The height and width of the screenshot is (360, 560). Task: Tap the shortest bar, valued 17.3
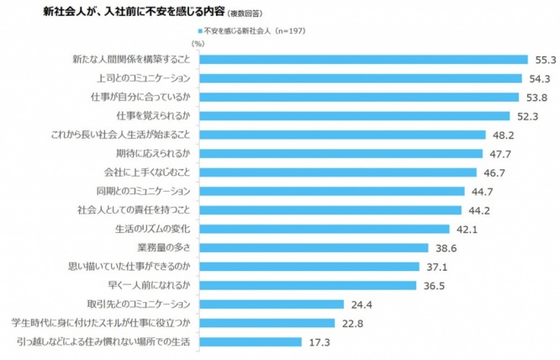pyautogui.click(x=251, y=342)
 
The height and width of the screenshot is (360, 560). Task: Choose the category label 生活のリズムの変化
pyautogui.click(x=152, y=230)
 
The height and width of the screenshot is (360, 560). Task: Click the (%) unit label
pyautogui.click(x=198, y=43)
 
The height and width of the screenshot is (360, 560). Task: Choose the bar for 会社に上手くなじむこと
pyautogui.click(x=337, y=172)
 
